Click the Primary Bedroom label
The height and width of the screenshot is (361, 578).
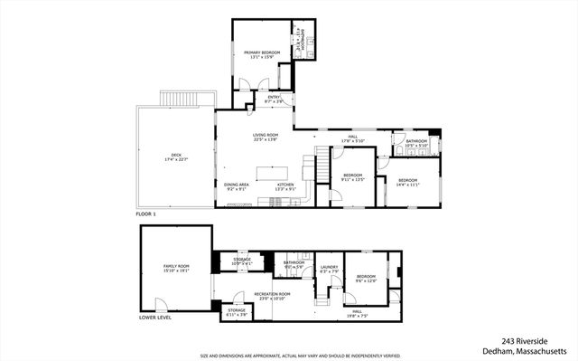click(x=262, y=56)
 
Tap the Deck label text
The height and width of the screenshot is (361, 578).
click(x=170, y=157)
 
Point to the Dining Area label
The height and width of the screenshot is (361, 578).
click(x=237, y=186)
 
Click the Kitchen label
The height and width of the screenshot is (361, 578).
click(x=285, y=186)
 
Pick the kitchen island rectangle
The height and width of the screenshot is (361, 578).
click(x=275, y=172)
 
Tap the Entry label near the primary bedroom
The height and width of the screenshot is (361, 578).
click(x=274, y=100)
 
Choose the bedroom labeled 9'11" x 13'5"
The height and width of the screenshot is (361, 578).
click(x=352, y=177)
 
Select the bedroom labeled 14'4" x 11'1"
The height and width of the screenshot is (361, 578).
click(x=409, y=182)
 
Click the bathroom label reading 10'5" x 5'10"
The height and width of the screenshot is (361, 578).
click(x=415, y=143)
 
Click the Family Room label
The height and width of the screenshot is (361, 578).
click(x=176, y=268)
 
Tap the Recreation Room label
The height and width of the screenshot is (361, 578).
click(x=271, y=296)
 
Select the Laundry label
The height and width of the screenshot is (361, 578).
click(x=329, y=269)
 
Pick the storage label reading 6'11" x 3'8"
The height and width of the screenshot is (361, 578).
click(x=237, y=312)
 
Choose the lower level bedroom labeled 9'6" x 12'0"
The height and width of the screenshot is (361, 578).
click(x=365, y=278)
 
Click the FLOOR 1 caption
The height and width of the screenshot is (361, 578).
click(x=146, y=214)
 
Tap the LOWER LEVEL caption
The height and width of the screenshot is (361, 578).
click(x=155, y=318)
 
